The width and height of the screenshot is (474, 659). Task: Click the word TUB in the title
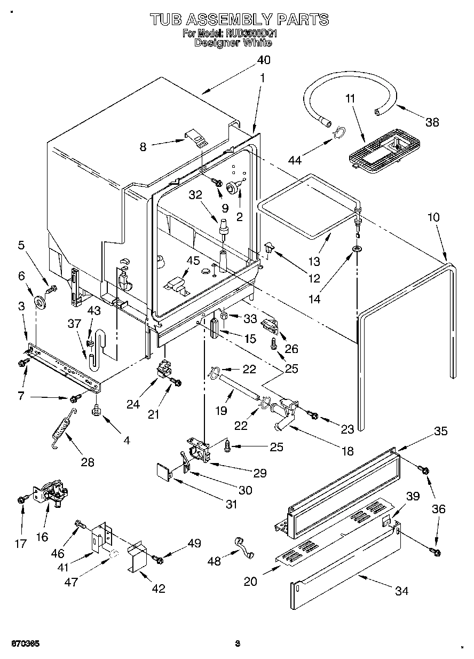167,20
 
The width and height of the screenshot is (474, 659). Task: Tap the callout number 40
264,60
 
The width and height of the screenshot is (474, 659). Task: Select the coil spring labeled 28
62,428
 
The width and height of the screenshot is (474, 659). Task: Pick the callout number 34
402,591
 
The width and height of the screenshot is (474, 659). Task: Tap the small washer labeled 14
355,249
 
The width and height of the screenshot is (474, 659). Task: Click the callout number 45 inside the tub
193,261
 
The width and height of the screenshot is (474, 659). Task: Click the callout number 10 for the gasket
433,217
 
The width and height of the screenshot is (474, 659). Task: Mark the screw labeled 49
158,559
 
